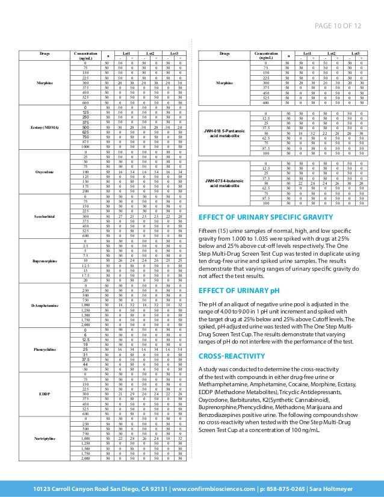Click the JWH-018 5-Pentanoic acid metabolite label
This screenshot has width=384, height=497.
(x=223, y=133)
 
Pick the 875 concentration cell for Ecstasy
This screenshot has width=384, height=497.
(x=86, y=142)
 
